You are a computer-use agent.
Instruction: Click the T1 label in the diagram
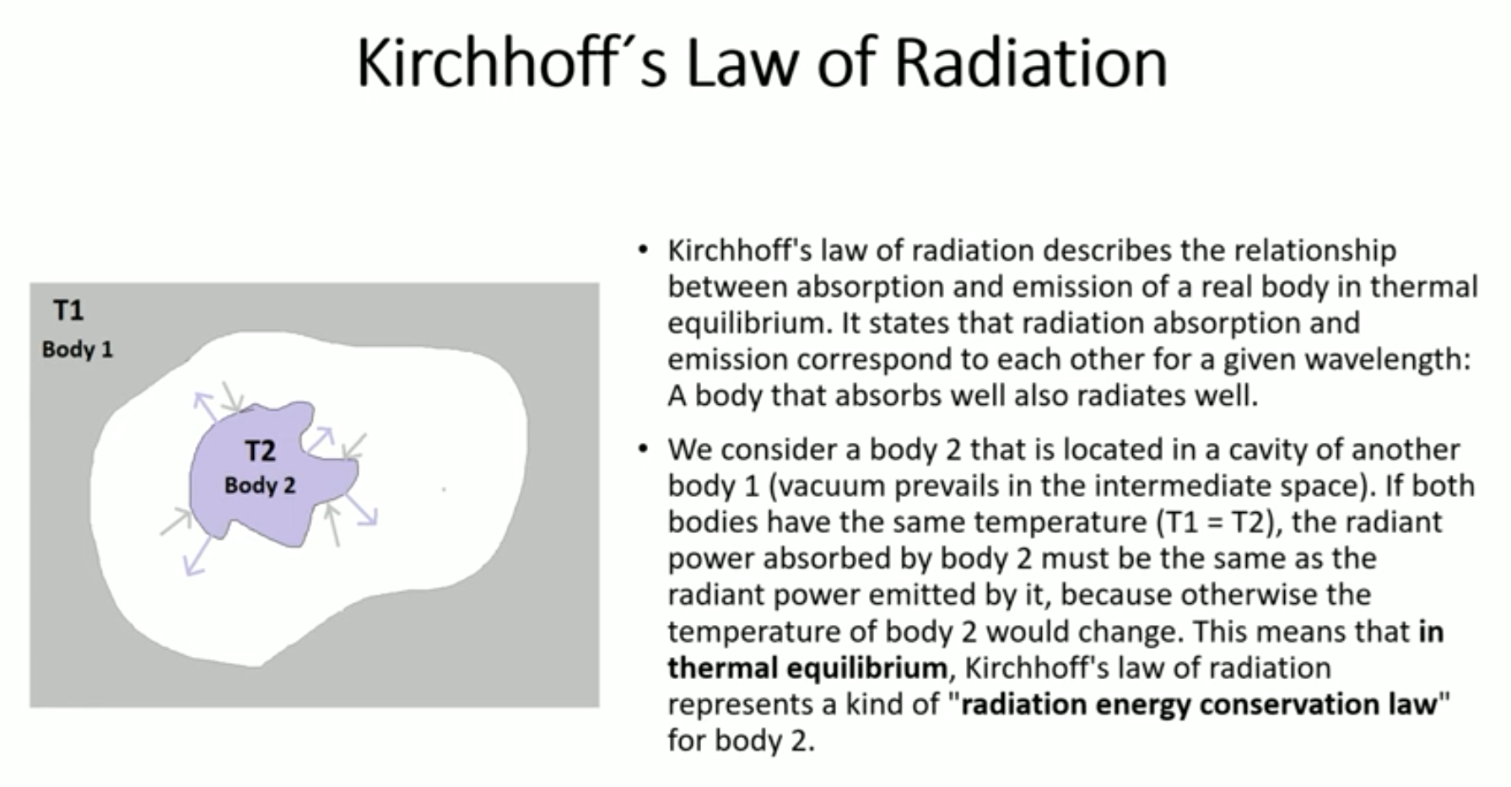point(68,310)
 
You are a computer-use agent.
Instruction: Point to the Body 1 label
point(78,349)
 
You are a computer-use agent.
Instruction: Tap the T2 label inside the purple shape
point(260,450)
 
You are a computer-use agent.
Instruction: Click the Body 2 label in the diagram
point(260,486)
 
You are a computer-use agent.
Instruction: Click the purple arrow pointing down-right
point(361,509)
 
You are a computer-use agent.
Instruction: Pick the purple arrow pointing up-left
point(206,406)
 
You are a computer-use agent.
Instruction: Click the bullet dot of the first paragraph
point(644,251)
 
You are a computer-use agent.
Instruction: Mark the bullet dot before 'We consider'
point(644,450)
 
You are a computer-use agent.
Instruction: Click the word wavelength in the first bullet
point(1383,360)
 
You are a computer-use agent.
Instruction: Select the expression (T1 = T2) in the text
point(1214,523)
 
